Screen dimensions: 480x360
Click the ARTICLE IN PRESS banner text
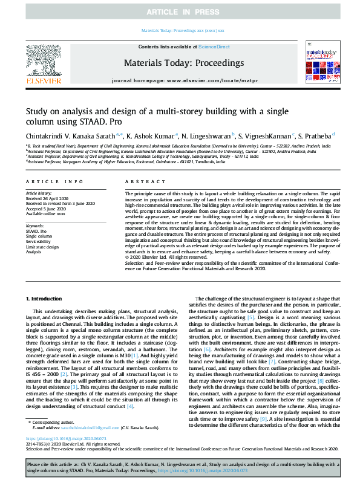coord(180,11)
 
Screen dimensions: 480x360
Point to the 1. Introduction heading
coord(47,299)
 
